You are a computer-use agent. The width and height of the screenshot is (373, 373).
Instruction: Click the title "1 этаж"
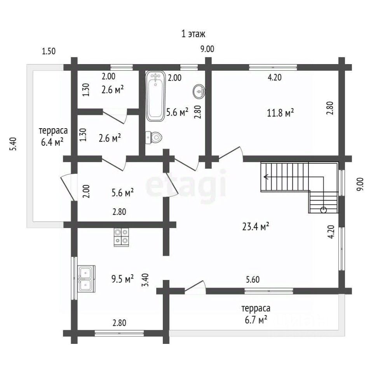click(193, 34)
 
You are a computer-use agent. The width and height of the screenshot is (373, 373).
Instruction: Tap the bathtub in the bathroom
click(155, 96)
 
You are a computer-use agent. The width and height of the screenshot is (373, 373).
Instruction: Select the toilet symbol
click(153, 138)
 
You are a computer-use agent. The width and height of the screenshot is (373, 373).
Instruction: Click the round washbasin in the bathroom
click(199, 91)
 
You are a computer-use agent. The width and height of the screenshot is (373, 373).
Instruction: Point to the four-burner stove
click(121, 237)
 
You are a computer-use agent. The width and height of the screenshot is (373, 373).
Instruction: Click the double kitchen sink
click(87, 279)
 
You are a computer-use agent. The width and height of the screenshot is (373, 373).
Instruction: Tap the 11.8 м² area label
click(280, 113)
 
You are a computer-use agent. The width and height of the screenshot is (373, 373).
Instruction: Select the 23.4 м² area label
click(256, 227)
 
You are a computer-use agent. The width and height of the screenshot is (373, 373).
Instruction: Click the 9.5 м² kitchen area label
click(122, 279)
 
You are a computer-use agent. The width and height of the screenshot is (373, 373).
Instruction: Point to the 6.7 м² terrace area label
click(256, 320)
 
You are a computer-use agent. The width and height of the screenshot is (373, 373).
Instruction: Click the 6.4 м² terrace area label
click(52, 142)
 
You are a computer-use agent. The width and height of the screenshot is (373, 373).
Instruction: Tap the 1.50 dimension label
click(49, 51)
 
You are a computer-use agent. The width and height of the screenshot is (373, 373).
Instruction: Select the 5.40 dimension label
click(13, 144)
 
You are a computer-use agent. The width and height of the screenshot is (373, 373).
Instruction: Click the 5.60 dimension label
click(253, 279)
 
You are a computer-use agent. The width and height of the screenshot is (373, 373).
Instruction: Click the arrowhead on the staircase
click(266, 177)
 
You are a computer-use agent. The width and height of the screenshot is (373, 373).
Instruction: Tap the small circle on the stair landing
click(324, 210)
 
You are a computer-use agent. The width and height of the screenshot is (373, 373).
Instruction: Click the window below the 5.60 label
click(269, 291)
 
